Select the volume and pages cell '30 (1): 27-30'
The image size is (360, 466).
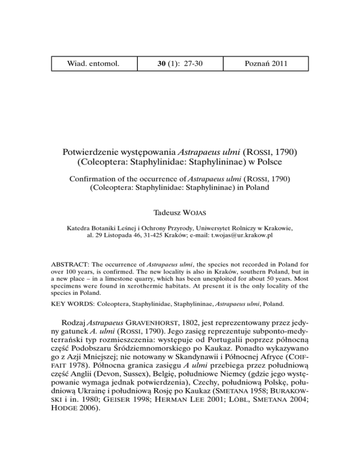[180, 64]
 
